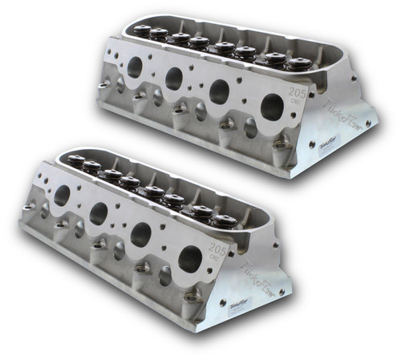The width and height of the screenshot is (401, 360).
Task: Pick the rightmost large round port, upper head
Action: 272,105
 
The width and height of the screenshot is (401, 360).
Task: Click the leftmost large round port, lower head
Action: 60,194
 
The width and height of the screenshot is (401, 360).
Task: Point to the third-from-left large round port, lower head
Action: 143,233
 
